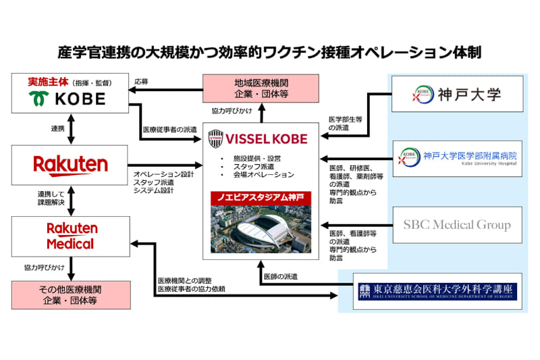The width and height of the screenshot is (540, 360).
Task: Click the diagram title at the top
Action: point(270,51)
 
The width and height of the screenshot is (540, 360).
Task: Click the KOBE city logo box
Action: point(71,94)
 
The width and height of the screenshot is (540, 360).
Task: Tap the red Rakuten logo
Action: point(71,164)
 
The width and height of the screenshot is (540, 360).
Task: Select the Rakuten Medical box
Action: point(71,235)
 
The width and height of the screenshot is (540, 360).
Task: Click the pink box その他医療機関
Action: point(71,294)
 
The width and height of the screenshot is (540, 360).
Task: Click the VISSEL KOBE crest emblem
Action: point(217,140)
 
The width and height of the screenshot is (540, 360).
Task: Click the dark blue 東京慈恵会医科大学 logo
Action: point(437,291)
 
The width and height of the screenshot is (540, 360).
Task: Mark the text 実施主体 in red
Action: point(46,80)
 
